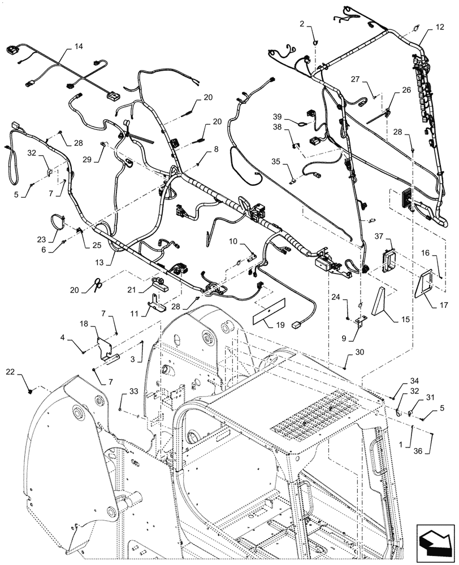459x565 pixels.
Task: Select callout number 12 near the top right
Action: tap(440, 27)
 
